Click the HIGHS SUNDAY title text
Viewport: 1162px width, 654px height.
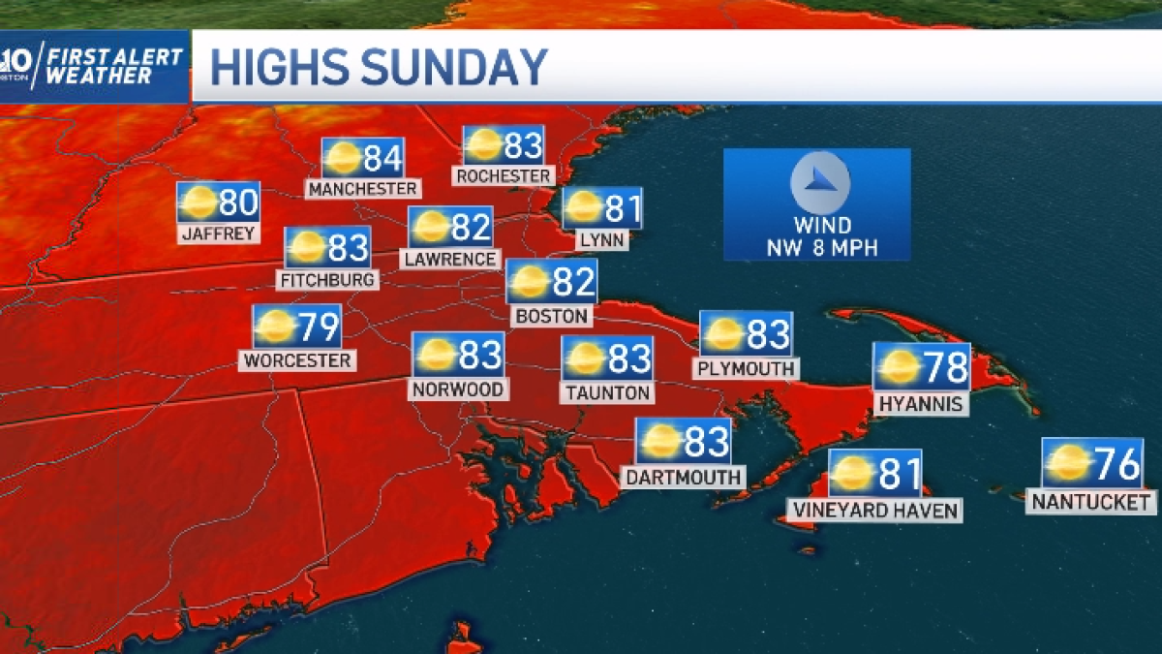379,68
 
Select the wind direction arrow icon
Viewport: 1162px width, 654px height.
819,182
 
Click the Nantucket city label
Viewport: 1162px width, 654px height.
1091,502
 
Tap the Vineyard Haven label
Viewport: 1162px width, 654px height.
874,511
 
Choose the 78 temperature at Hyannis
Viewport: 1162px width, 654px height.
947,368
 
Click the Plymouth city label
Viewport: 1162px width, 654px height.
746,369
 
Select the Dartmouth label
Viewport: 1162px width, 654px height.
684,477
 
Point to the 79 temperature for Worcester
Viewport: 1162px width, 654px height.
319,327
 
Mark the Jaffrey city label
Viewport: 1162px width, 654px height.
218,234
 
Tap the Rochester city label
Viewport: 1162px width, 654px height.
504,175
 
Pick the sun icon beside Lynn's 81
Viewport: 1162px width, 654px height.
583,207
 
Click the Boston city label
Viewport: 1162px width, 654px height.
552,317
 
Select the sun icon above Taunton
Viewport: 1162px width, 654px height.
585,358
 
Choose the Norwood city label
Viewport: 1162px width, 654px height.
457,389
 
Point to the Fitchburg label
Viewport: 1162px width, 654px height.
327,280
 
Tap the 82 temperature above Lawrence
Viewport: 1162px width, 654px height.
472,227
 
